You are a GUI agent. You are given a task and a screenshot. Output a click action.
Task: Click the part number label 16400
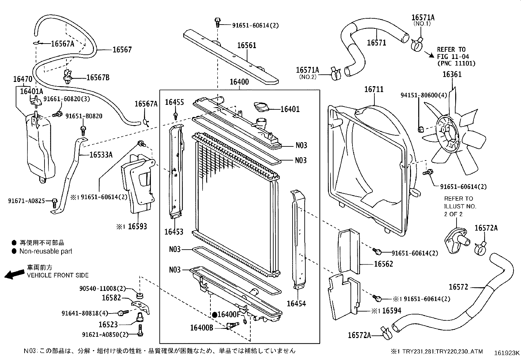239,82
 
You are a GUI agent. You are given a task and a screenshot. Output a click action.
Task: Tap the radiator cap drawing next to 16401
261,107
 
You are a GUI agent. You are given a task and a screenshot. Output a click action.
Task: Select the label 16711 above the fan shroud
374,89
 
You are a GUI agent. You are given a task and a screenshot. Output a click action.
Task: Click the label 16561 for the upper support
246,46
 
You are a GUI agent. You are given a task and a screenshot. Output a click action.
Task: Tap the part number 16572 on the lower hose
458,287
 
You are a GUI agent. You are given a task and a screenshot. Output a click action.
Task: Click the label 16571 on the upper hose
376,43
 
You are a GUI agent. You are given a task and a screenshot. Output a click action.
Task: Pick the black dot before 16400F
214,315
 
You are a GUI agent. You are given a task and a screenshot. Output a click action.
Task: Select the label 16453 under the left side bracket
173,232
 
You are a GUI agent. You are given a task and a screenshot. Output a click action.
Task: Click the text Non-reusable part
46,251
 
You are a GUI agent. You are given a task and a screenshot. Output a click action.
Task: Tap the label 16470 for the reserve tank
22,79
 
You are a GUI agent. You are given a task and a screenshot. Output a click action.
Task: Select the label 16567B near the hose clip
98,78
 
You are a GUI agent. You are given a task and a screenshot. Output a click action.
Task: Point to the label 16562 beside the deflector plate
383,264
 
